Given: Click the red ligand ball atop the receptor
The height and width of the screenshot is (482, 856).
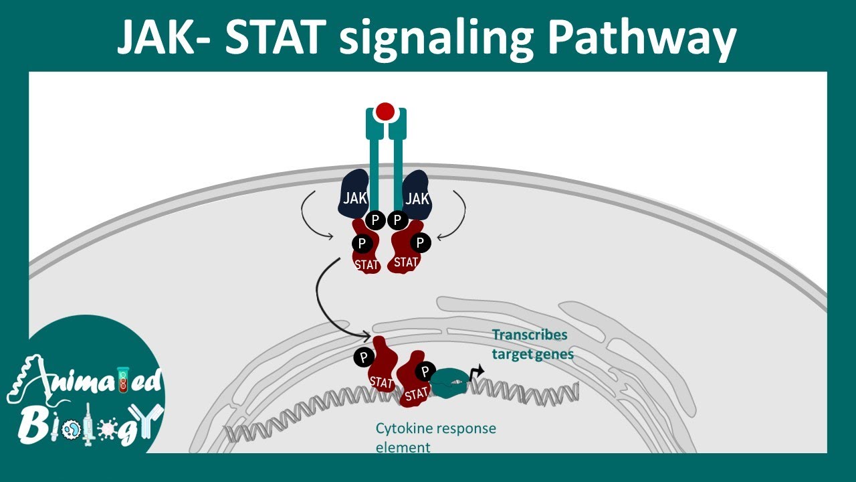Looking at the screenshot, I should (x=385, y=111).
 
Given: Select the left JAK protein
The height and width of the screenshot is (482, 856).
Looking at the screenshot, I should (x=354, y=195).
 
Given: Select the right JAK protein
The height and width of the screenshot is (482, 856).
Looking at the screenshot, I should (x=417, y=195).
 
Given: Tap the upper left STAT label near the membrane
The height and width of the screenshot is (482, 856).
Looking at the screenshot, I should (x=367, y=264).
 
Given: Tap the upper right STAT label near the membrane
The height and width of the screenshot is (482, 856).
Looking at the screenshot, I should (x=406, y=262).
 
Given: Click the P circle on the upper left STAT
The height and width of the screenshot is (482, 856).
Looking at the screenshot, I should (x=362, y=243).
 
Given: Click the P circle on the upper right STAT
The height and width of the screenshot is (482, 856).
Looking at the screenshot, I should (x=420, y=242).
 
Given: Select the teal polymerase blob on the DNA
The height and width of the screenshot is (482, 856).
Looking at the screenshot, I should (x=451, y=382).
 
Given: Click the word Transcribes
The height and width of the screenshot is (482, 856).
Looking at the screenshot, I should (x=530, y=335).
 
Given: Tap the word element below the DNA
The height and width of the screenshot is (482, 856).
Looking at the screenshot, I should (x=403, y=447).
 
